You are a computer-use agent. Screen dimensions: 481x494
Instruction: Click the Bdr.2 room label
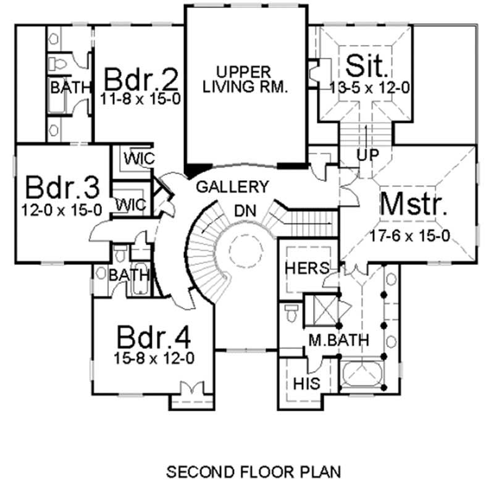pos(142,80)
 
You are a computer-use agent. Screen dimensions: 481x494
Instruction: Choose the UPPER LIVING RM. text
pos(246,80)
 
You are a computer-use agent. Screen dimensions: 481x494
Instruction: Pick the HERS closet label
pos(306,269)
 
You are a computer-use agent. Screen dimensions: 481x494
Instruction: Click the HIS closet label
pos(307,383)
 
